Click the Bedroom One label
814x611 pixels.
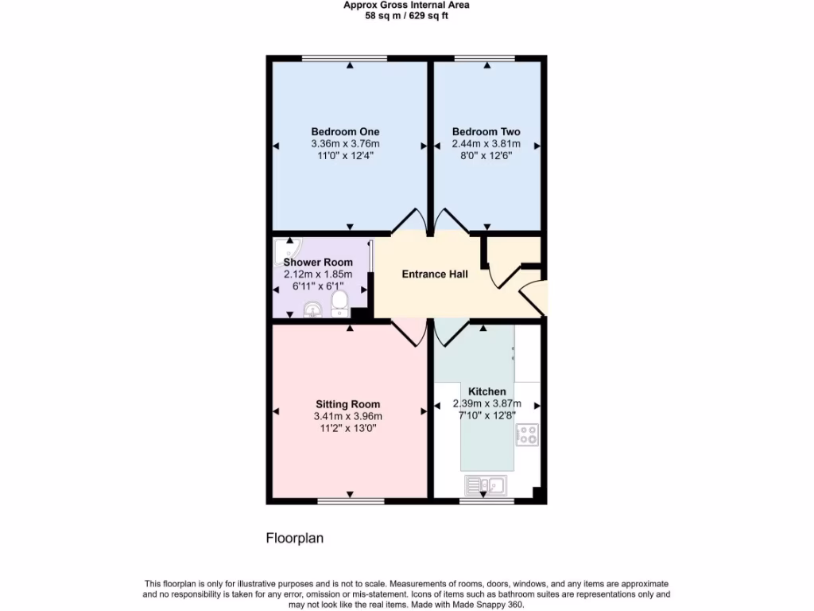pos(345,131)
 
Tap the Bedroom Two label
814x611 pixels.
pos(486,131)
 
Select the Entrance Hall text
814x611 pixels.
pos(434,274)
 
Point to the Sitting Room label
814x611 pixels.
pos(347,404)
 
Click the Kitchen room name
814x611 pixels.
pos(486,391)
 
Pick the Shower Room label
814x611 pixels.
pos(318,263)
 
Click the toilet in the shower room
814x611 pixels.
pos(339,302)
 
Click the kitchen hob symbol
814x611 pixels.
pos(527,434)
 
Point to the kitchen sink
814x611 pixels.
pos(486,485)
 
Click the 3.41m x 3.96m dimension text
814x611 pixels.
pos(347,416)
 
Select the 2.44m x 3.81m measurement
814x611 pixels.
pos(486,144)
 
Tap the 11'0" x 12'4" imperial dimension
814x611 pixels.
pos(345,156)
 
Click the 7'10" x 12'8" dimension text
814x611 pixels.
pos(486,414)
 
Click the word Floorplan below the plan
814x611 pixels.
pos(294,539)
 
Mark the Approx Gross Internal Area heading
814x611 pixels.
pos(406,5)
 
